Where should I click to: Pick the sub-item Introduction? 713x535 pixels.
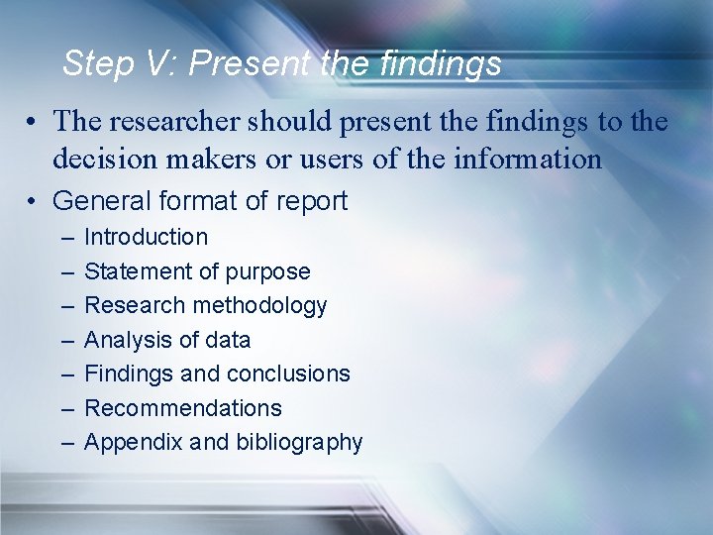[x=147, y=237]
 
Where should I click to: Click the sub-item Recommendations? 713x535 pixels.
[x=183, y=408]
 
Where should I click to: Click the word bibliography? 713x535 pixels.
[x=299, y=443]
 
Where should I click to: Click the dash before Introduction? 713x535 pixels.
[x=65, y=238]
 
